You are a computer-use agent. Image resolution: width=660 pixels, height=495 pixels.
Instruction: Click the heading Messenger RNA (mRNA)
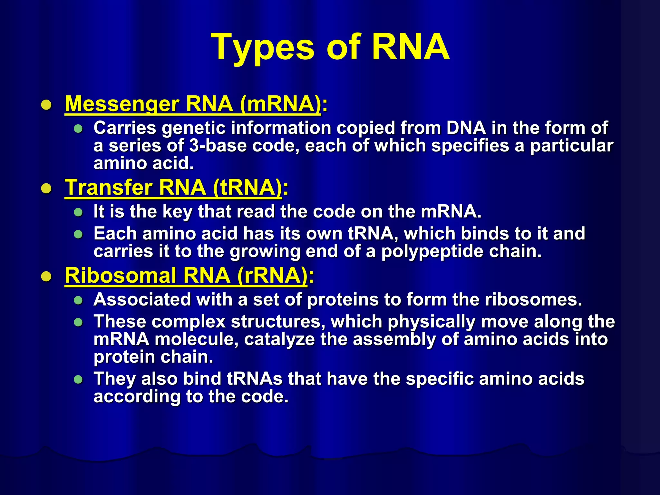[193, 104]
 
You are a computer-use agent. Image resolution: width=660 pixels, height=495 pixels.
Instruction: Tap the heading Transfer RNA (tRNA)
[173, 187]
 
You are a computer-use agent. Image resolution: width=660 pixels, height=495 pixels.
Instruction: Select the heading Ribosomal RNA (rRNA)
[186, 276]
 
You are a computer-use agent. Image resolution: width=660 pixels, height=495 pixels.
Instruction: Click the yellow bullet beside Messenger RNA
[46, 105]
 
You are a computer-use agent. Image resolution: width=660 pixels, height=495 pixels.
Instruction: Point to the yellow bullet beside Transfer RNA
[46, 188]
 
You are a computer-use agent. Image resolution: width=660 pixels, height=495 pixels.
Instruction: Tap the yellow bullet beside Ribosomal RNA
[46, 277]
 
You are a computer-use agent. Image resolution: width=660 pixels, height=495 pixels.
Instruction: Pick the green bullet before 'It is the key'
[78, 212]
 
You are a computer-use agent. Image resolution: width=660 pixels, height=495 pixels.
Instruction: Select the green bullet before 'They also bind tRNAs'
[78, 379]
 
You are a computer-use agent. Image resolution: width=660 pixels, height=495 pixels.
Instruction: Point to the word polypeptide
[432, 252]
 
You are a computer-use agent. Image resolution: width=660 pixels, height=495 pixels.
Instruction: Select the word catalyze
[279, 339]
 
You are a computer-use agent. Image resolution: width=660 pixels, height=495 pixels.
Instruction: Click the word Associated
[142, 300]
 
